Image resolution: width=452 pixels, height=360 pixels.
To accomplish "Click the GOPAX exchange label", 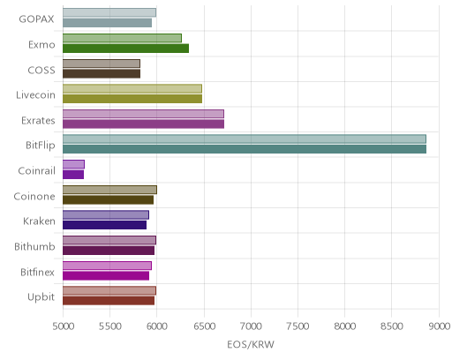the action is point(36,19).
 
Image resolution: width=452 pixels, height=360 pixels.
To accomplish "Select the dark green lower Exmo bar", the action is point(125,49).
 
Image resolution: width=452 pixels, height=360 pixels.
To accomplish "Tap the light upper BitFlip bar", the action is point(245,139).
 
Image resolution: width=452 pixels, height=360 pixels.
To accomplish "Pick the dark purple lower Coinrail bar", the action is point(73,175).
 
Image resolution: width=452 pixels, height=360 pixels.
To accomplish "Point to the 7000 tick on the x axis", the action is point(251,326).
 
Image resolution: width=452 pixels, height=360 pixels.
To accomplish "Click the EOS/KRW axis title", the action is point(251,344).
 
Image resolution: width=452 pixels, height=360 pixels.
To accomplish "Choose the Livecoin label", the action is point(35,95).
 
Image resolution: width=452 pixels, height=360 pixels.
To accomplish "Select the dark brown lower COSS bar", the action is point(102,73).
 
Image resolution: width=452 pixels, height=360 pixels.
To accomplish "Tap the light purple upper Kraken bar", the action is point(106,214).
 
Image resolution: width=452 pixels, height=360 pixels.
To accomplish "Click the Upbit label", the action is point(41,297).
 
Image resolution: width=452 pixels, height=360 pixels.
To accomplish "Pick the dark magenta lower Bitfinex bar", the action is point(106,275).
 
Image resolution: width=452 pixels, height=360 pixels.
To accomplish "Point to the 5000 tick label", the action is point(64,326).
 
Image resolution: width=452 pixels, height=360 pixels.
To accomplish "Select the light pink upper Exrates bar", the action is point(143,114).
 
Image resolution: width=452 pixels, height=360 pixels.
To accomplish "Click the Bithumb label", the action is point(34,246).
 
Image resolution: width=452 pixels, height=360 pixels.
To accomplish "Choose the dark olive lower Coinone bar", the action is point(108,199).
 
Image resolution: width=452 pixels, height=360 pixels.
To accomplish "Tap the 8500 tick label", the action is point(392,326).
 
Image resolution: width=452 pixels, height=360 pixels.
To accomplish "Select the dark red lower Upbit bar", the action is point(109,301).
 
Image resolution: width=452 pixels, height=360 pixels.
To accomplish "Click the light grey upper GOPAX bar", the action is point(109,12).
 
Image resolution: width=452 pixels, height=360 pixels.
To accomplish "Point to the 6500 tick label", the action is point(205,326).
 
